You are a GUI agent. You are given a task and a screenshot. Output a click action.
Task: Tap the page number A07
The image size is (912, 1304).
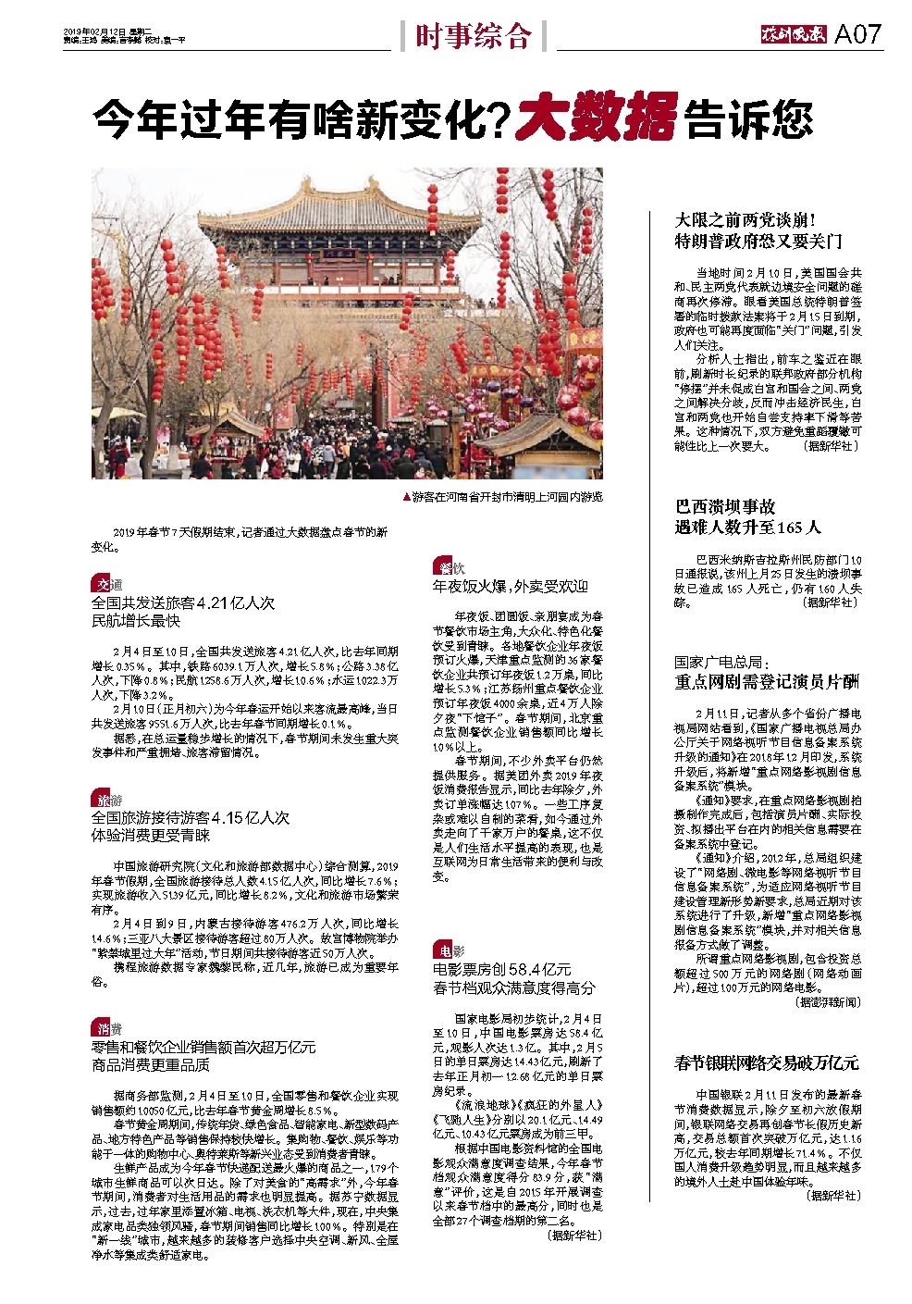(x=858, y=35)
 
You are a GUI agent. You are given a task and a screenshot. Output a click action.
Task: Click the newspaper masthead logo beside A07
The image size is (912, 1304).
(x=794, y=35)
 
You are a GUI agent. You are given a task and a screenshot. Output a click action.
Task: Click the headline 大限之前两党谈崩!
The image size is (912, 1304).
(x=744, y=221)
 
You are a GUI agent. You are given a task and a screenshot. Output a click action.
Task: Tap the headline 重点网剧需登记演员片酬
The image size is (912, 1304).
(x=767, y=682)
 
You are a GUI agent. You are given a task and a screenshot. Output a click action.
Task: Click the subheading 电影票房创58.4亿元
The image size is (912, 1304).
(x=501, y=969)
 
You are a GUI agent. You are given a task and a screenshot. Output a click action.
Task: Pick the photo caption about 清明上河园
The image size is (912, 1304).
(x=507, y=497)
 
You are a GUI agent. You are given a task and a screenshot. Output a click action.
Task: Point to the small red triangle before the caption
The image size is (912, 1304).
(x=406, y=497)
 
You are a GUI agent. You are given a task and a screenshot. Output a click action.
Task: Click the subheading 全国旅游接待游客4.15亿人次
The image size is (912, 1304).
(x=191, y=818)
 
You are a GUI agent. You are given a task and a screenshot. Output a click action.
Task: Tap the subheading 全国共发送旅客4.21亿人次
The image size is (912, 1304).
(x=183, y=602)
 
